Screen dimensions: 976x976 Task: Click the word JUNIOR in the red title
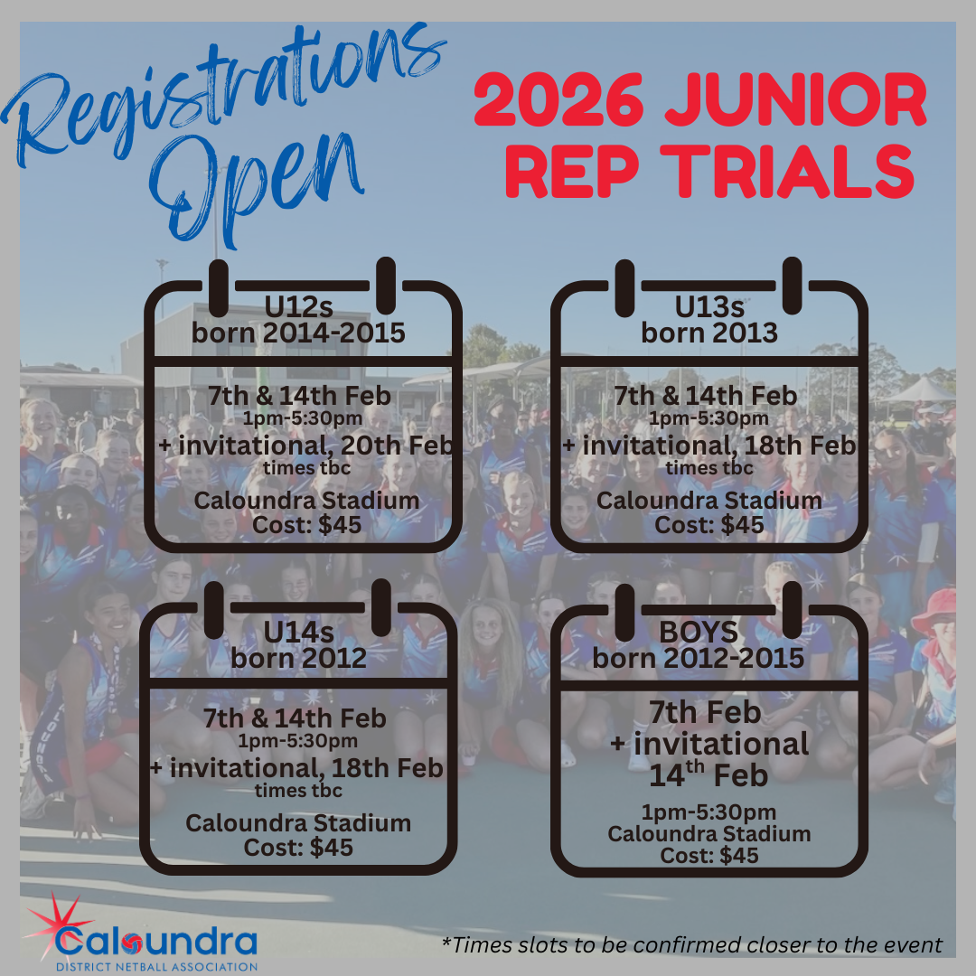click(x=797, y=99)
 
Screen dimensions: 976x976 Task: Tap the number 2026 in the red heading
click(x=558, y=99)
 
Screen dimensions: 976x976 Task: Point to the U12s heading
click(x=299, y=307)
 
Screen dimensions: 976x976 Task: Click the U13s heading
click(x=709, y=307)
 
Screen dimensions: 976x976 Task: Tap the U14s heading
click(x=299, y=633)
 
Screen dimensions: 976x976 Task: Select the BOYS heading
click(x=699, y=633)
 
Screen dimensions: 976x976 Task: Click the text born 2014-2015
click(x=299, y=333)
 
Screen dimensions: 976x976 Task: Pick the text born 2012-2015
click(x=699, y=659)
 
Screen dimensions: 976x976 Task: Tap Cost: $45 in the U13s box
click(x=709, y=525)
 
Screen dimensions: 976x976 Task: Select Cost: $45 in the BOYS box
click(x=709, y=855)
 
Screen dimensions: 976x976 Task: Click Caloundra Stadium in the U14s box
click(x=299, y=823)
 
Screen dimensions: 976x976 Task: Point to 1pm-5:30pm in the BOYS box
click(x=709, y=812)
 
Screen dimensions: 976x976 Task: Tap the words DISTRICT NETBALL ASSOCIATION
click(x=157, y=967)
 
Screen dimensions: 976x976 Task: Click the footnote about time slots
click(x=692, y=945)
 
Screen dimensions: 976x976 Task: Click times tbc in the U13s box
click(x=709, y=467)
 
